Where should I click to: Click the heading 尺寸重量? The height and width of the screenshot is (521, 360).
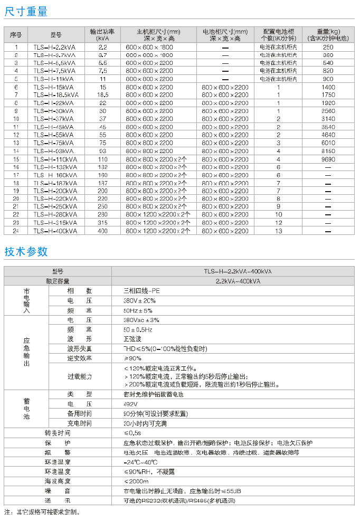point(26,11)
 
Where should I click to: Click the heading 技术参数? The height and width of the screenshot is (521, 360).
point(26,251)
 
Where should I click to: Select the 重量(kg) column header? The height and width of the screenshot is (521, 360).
point(328,35)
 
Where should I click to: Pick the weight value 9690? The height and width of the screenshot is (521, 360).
point(328,159)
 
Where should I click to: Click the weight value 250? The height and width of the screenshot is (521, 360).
point(328,47)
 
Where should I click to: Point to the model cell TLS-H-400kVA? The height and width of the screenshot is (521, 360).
point(55,231)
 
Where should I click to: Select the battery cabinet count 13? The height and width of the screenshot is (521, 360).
point(278,231)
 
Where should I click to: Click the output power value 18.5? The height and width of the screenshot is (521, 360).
point(102,95)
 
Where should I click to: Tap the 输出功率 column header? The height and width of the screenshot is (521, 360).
point(102,35)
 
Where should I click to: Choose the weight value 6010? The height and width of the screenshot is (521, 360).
point(328,143)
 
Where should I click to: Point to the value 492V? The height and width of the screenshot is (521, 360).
point(130,404)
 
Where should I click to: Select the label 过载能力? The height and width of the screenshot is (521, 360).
point(79,376)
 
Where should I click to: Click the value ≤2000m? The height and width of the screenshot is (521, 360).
point(136,481)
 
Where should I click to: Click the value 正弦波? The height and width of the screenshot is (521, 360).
point(132,339)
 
